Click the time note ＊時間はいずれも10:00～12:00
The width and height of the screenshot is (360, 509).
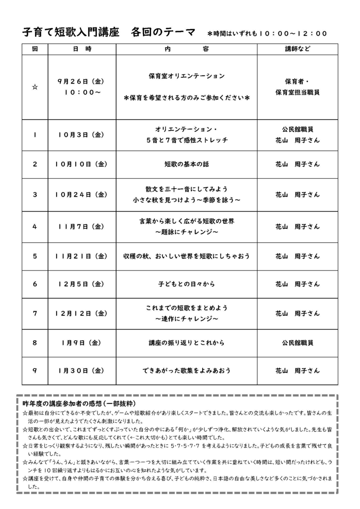[267, 33]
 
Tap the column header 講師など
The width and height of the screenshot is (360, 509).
[297, 49]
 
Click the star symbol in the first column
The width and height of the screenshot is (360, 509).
[34, 87]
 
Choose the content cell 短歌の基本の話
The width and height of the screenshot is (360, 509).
[187, 164]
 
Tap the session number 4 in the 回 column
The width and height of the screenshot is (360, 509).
[34, 226]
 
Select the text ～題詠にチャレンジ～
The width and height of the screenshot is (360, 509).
[187, 232]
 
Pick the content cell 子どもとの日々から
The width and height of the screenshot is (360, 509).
[187, 284]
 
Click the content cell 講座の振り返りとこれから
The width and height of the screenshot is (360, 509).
[187, 343]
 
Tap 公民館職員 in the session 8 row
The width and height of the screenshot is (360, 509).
[297, 343]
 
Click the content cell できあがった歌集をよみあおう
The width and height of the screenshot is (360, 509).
[187, 371]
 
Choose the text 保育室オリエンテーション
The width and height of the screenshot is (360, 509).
[187, 76]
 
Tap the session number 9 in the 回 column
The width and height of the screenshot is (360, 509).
[34, 371]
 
